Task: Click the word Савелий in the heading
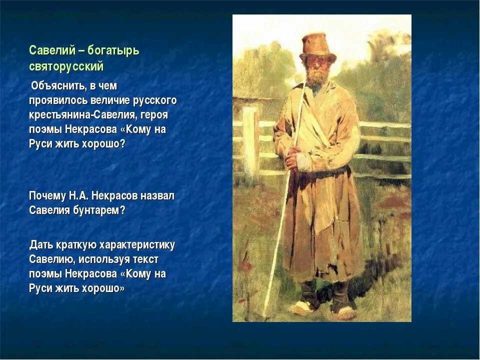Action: pos(52,50)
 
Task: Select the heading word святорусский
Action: pos(66,66)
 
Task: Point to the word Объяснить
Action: pos(58,86)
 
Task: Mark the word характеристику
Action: pos(137,245)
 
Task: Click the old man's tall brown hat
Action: pos(318,48)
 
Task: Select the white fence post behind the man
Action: pos(251,144)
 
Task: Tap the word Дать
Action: pos(41,245)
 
